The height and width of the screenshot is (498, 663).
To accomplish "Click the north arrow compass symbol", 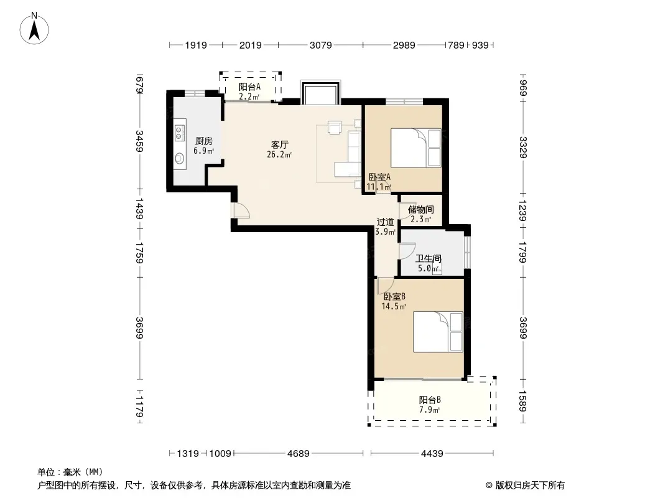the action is pos(34,28).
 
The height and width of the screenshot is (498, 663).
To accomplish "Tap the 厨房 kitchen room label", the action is pos(204,141).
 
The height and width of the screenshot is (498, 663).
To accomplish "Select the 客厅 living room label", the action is pos(279,144).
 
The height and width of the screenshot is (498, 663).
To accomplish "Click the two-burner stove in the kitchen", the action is pos(180,133).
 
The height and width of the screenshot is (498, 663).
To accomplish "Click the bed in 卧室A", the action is pos(416,148).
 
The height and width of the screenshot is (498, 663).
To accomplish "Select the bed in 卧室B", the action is pos(438,332).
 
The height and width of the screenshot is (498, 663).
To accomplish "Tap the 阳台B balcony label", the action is pos(430,400).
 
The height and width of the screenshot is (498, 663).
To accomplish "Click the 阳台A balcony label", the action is pos(249,87).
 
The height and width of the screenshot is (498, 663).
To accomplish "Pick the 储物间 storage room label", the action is pos(420,209).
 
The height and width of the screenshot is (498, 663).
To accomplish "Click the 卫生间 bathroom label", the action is pos(429,258).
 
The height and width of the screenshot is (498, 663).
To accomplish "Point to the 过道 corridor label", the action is pos(385,222).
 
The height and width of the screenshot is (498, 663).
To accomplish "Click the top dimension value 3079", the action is pos(320,45).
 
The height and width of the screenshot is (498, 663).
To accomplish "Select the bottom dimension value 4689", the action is pos(299,454).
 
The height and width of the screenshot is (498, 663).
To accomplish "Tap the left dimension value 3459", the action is pos(140,141).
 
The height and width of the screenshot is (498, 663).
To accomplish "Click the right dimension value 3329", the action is pos(523,148).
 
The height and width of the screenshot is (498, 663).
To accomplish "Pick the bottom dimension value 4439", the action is pos(432,454).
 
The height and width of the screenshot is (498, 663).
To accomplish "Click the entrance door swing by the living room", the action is pos(241,210).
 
